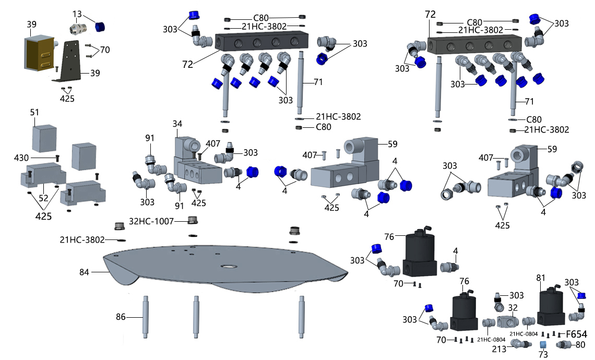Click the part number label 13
(x=77, y=13)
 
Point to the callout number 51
(x=35, y=112)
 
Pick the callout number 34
(x=178, y=124)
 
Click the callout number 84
(x=85, y=272)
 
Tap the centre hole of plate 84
(x=228, y=267)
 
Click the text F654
(x=576, y=334)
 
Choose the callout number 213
(x=498, y=349)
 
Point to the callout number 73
(x=543, y=354)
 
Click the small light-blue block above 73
(x=543, y=344)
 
